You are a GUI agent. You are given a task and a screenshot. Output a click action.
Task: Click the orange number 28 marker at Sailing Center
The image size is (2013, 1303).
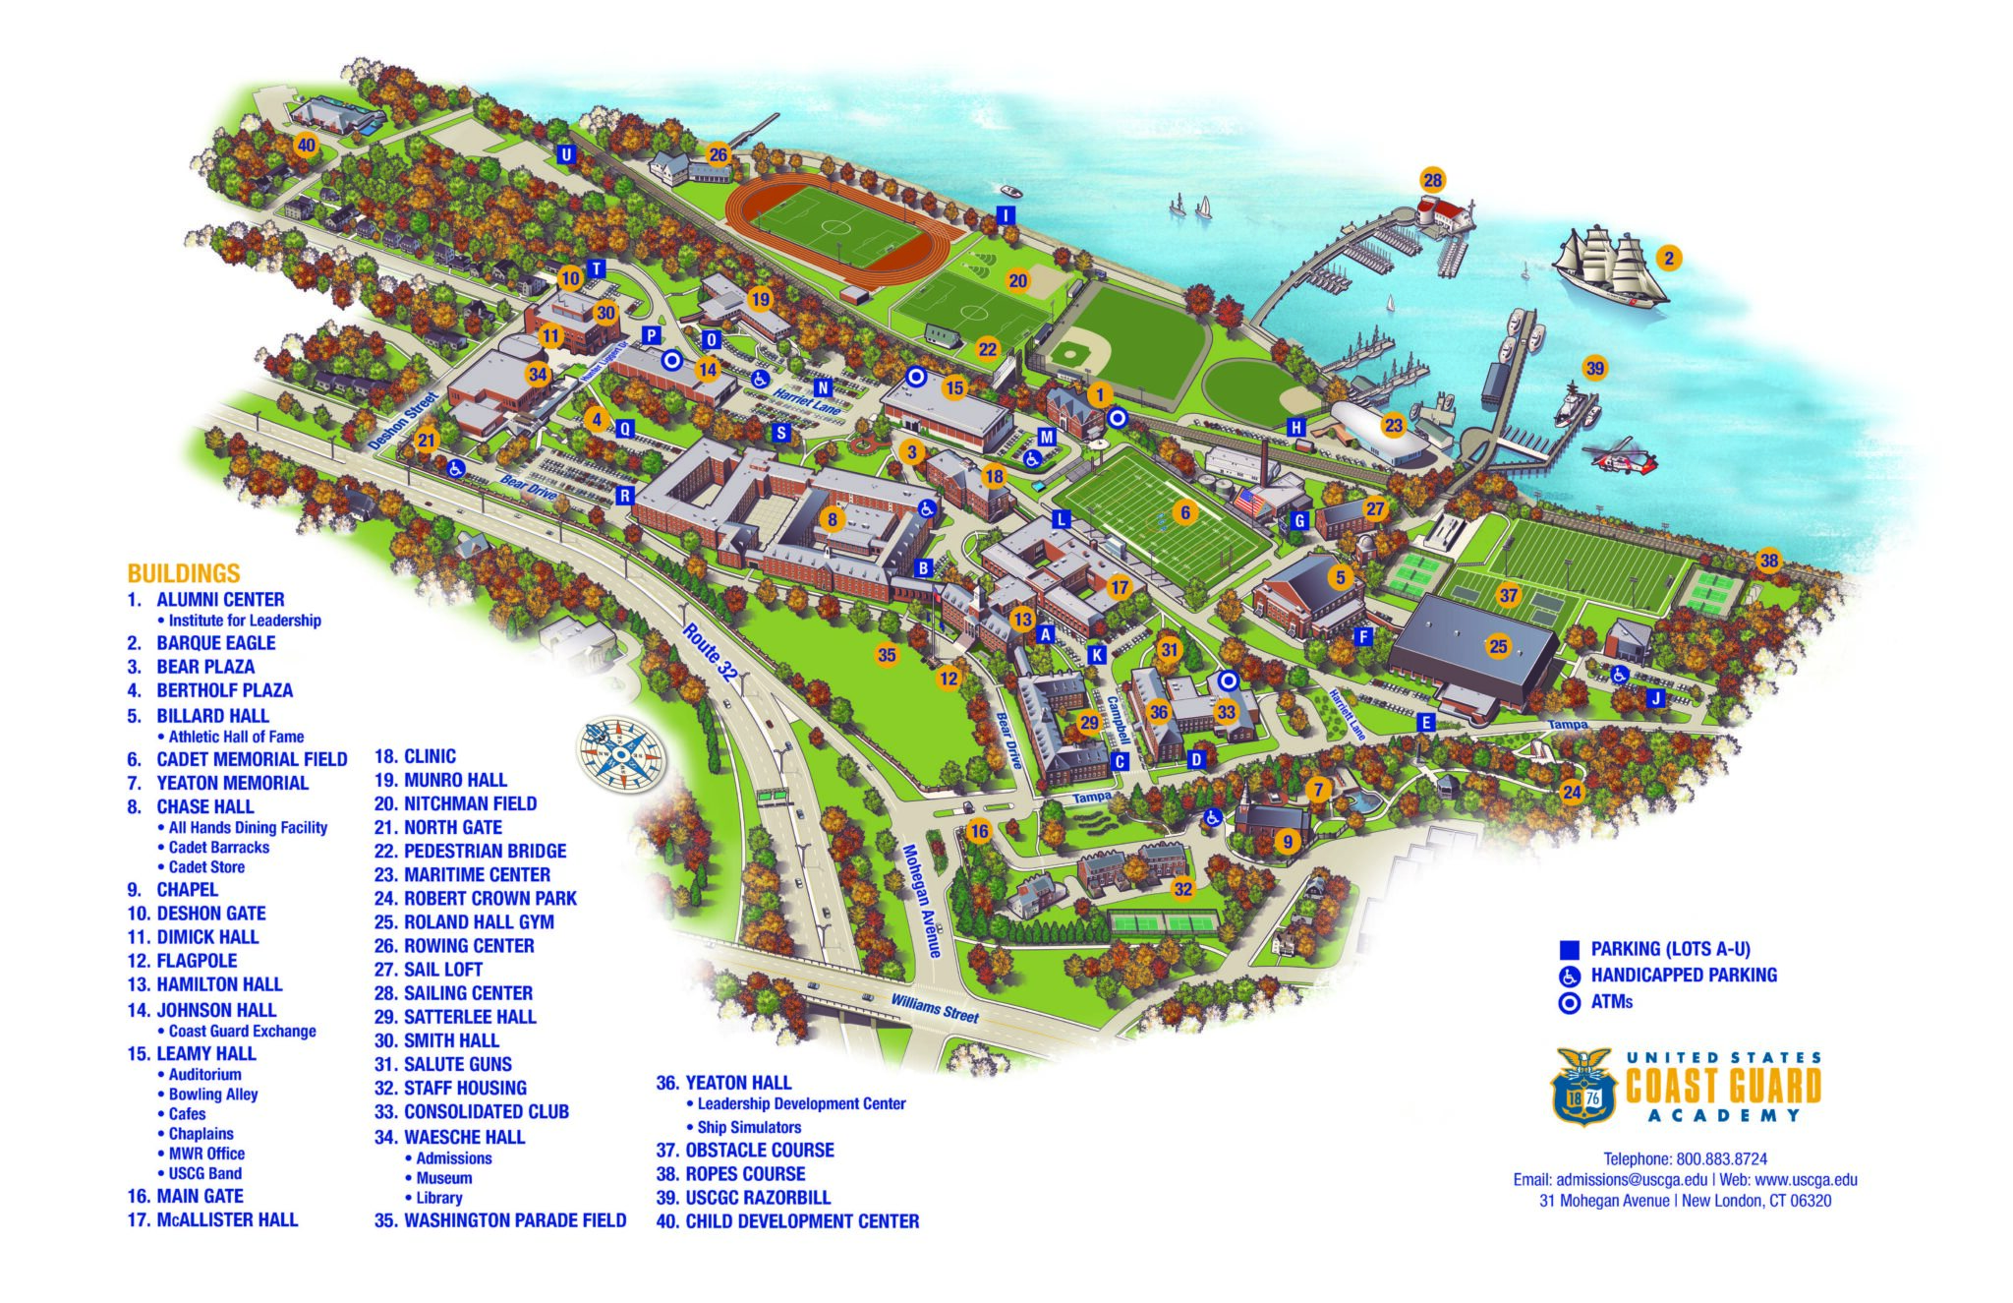1432,180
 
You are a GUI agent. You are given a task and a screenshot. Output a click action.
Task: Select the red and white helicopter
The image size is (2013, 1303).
1620,458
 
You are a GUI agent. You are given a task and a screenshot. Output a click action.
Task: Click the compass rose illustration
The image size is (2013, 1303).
621,755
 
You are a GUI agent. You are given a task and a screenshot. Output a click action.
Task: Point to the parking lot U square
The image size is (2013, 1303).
566,155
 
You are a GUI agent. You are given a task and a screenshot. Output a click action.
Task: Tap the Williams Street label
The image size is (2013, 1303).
935,1007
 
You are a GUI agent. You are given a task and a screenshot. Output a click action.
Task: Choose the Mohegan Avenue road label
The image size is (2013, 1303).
921,901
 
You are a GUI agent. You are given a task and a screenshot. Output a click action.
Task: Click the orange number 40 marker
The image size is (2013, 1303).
307,147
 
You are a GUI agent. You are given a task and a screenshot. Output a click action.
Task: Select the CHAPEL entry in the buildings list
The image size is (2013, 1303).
187,890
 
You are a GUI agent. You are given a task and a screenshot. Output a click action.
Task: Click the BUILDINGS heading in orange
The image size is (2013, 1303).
184,573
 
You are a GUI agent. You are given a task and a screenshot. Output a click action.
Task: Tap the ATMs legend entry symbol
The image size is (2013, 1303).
1570,1002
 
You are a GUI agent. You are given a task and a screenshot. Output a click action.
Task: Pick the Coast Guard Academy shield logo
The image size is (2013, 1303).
1583,1087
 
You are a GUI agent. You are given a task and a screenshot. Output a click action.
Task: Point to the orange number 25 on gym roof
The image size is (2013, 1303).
1498,646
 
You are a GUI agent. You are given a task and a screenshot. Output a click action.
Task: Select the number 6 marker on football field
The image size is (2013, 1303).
1185,512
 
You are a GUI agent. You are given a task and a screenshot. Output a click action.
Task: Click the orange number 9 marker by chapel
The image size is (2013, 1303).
1287,842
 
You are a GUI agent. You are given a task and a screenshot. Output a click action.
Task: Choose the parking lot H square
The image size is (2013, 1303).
1296,427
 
